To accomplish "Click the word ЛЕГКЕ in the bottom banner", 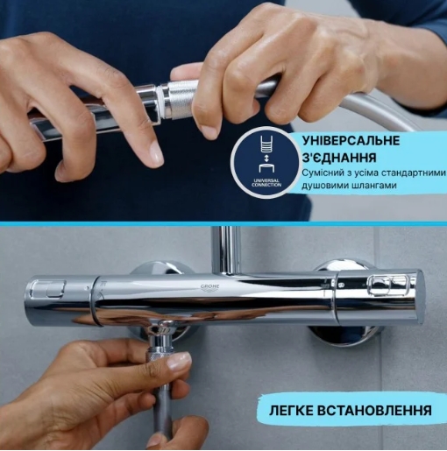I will pyautogui.click(x=298, y=409).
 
